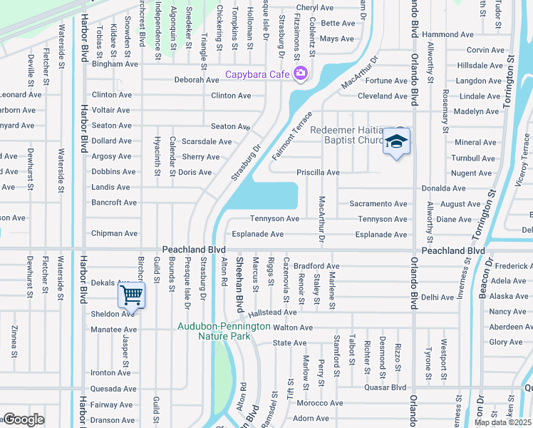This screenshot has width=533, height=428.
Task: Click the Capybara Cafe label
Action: [x=257, y=74]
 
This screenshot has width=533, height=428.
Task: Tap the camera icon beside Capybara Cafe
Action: [x=300, y=73]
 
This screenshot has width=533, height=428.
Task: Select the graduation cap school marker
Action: [x=396, y=142]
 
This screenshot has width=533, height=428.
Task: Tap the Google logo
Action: [x=23, y=420]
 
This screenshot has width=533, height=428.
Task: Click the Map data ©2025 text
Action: [x=502, y=422]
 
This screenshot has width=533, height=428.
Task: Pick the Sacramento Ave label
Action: [x=378, y=204]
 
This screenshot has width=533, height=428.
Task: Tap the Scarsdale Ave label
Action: [x=207, y=142]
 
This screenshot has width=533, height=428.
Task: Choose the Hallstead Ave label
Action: [x=272, y=312]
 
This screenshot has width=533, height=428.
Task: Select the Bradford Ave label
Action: [x=316, y=266]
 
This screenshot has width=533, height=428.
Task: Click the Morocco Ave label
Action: [x=320, y=403]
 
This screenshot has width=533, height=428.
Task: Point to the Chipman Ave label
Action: [x=114, y=233]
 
